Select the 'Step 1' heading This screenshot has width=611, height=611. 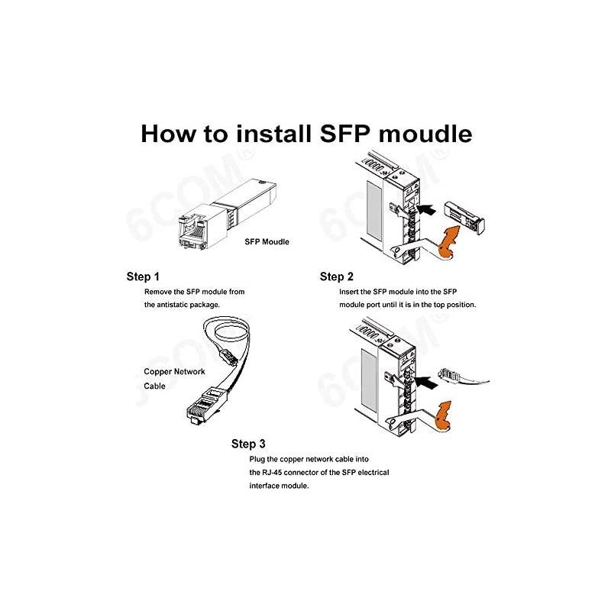click(143, 276)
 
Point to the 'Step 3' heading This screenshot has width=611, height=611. click(248, 443)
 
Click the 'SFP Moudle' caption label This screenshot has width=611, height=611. click(267, 243)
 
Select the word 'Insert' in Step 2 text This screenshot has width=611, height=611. click(351, 292)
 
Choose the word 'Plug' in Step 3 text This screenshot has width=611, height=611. click(257, 460)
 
